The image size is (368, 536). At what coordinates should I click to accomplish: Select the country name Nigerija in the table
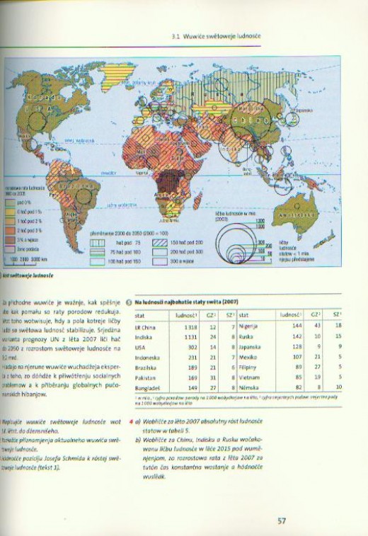coord(248,326)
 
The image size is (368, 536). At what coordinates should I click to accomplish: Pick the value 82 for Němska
coord(299,388)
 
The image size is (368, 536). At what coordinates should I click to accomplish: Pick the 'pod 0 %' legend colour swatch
coord(12,202)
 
